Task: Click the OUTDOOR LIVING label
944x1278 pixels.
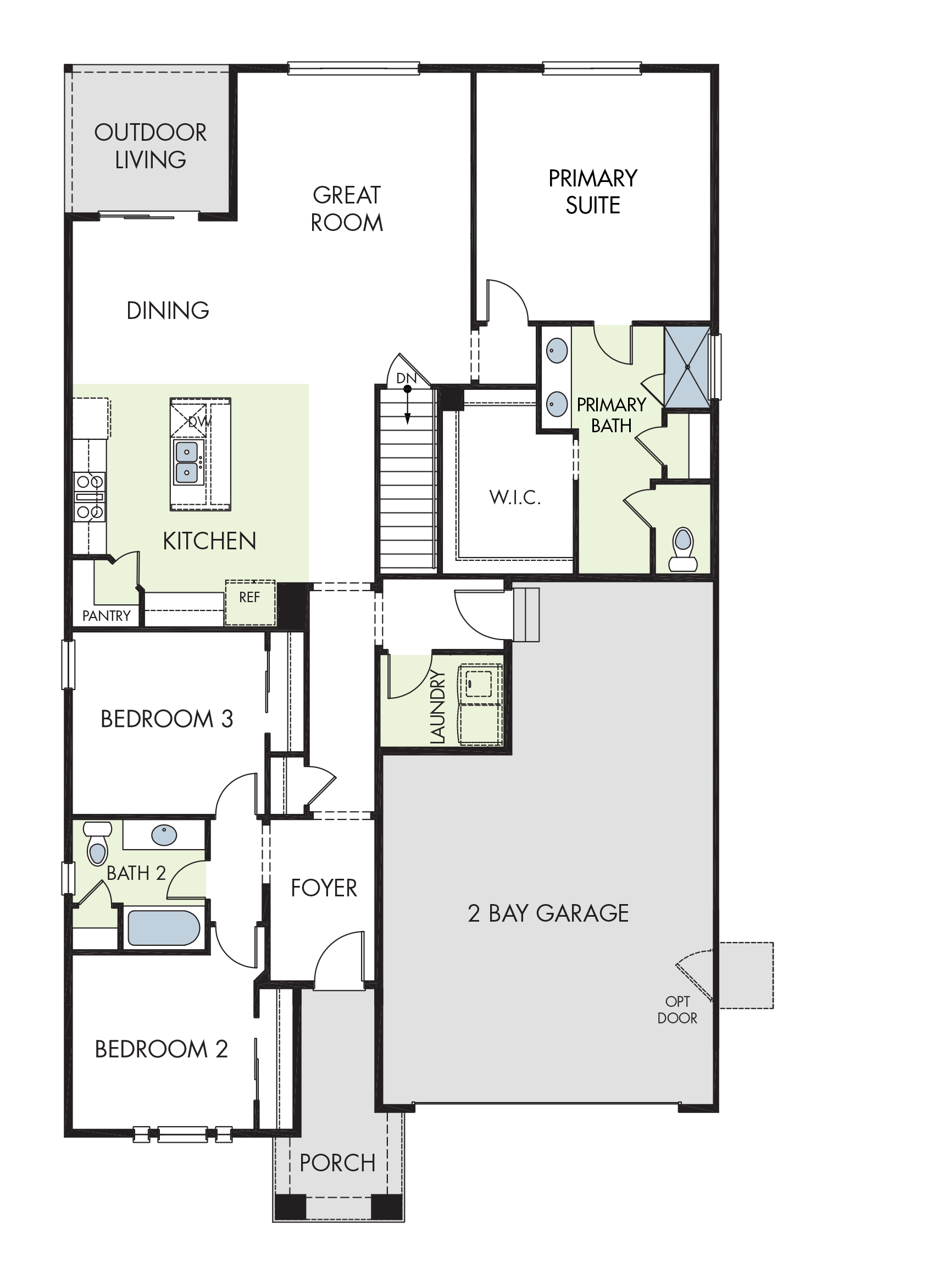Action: [151, 146]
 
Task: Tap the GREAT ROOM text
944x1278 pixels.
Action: [347, 209]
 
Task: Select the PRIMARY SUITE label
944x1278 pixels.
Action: [593, 191]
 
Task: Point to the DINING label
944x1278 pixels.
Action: [168, 311]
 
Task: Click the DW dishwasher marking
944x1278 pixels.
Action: [199, 422]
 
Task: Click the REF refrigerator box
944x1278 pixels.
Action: [249, 603]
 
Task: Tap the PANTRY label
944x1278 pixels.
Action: [106, 616]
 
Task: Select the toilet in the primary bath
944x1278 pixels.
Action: [683, 549]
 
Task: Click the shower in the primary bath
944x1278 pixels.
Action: [687, 367]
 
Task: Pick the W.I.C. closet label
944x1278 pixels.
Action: [515, 498]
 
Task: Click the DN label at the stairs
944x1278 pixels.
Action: [406, 378]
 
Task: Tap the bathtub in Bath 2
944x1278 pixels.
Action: [163, 928]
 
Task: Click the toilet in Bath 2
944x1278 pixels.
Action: [98, 843]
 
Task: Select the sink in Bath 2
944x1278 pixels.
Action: [164, 835]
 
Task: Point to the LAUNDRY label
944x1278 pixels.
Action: [437, 707]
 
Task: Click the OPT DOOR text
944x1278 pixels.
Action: [677, 1010]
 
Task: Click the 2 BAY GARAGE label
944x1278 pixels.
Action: [548, 913]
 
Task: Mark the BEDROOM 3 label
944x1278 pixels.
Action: [167, 719]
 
